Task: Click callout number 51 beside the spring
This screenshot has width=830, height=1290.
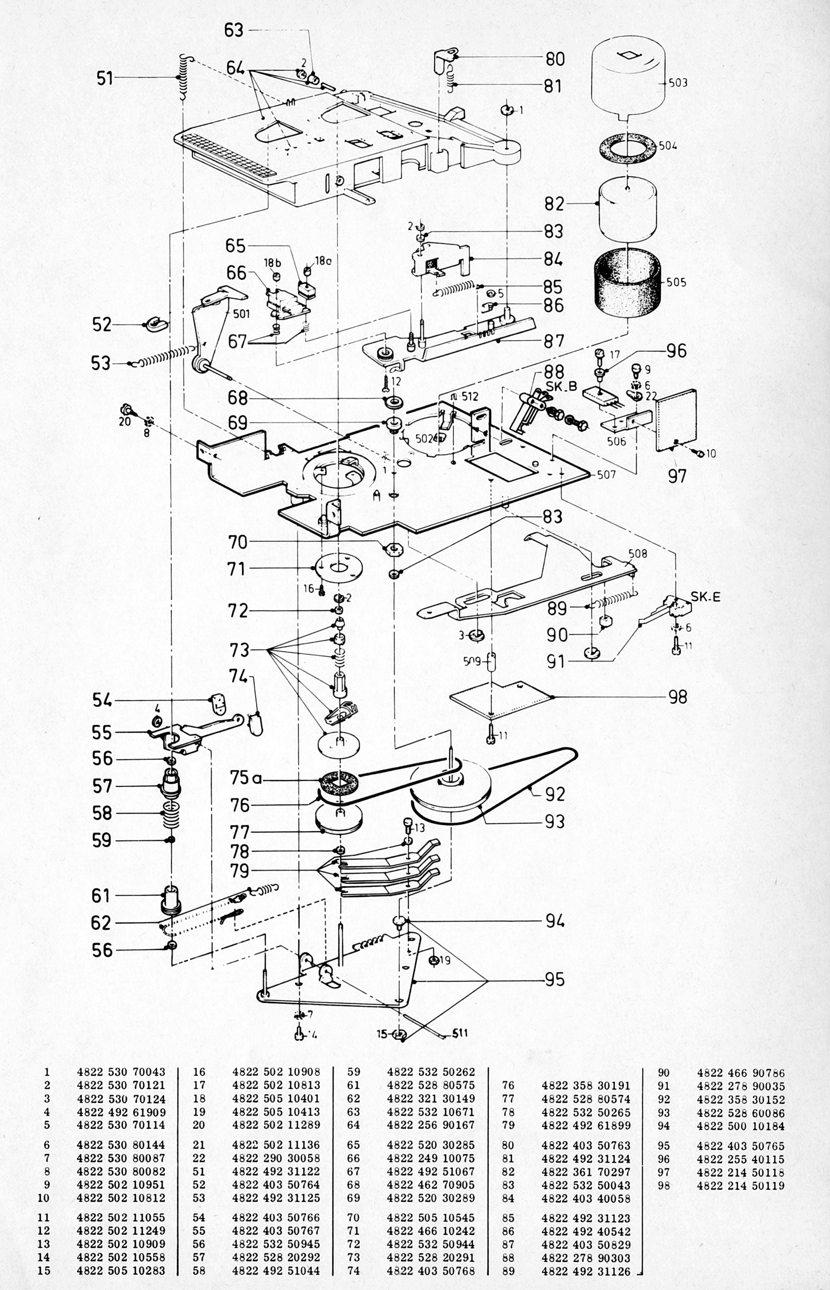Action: [x=105, y=78]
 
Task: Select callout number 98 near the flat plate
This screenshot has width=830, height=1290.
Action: [x=678, y=697]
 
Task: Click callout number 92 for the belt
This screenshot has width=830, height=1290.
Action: [x=554, y=794]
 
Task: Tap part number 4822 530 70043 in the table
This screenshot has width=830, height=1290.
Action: [x=121, y=1072]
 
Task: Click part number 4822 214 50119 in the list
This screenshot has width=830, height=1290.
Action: [x=741, y=1185]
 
